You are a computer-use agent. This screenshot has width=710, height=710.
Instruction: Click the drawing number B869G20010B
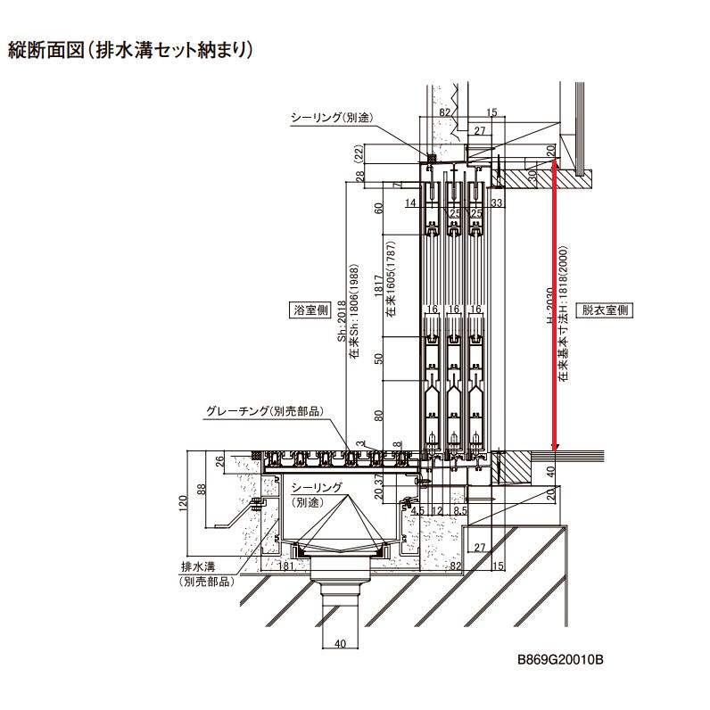click(x=561, y=660)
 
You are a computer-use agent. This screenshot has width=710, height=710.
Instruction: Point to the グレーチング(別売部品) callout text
click(x=263, y=412)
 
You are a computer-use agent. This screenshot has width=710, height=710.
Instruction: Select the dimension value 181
click(x=287, y=566)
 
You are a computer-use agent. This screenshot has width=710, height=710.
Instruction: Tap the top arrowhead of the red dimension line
click(x=555, y=163)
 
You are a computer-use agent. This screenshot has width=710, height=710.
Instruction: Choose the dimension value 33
click(x=497, y=203)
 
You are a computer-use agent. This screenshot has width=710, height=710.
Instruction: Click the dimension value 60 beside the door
click(x=378, y=208)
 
